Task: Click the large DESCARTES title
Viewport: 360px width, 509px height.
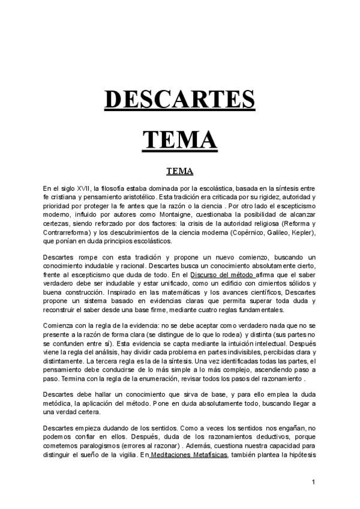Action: (x=179, y=100)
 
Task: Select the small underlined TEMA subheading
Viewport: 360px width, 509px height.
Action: (x=179, y=170)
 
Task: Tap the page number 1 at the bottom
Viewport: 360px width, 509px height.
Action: (x=313, y=482)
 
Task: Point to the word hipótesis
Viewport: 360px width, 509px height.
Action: (x=310, y=456)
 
